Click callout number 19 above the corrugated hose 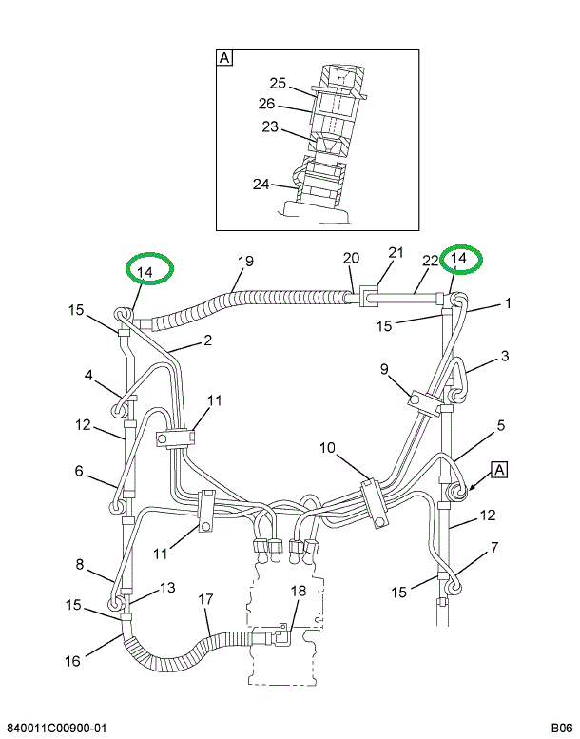(245, 262)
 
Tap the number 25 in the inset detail (278, 83)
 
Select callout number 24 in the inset (261, 184)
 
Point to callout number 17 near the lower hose (206, 600)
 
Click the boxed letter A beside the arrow (500, 468)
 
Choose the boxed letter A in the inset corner (225, 58)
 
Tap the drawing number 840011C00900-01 (57, 728)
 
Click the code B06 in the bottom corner (557, 728)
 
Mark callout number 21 (396, 253)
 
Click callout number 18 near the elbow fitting (298, 591)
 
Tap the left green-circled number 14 (145, 272)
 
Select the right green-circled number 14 (459, 259)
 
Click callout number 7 (494, 548)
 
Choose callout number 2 (205, 340)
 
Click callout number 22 (430, 261)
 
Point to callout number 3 (506, 357)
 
